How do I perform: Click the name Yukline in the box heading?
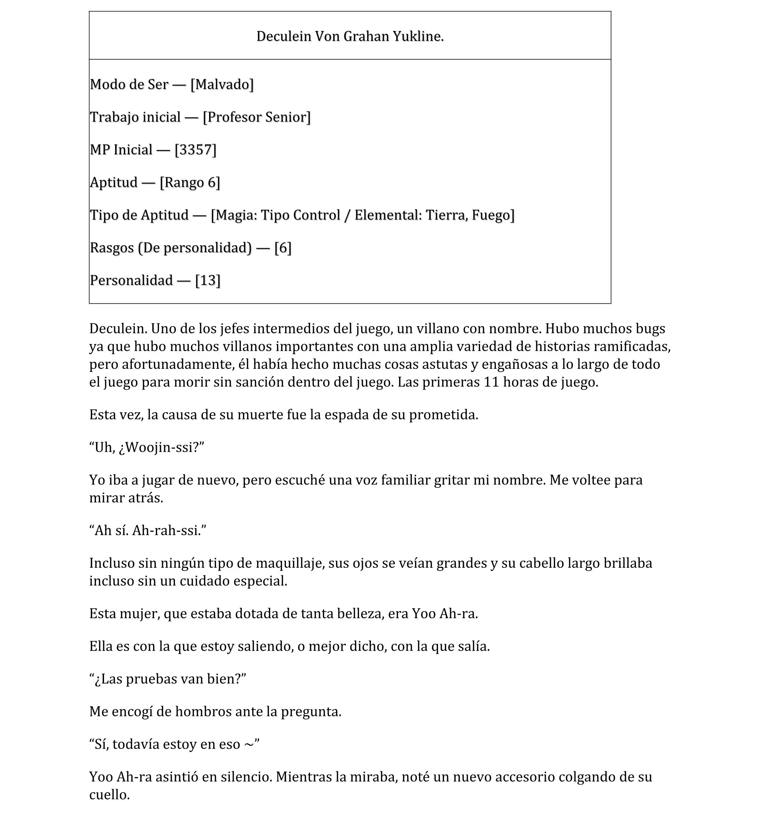pos(418,37)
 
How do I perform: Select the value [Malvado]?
pos(222,85)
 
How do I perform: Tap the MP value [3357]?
pos(196,150)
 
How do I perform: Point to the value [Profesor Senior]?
pos(257,117)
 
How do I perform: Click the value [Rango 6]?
pos(190,182)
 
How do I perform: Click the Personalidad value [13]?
pos(208,281)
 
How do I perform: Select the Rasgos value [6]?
pos(282,248)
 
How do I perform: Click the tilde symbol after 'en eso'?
pos(249,745)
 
